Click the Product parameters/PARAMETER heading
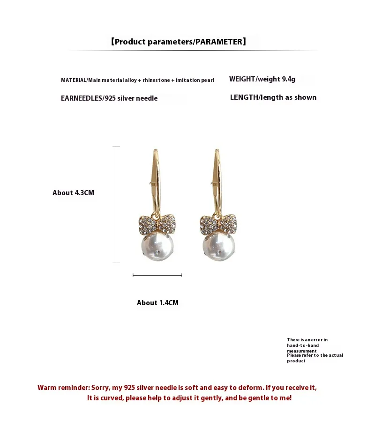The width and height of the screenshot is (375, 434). coord(178,42)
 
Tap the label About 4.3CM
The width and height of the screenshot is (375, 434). coord(73,193)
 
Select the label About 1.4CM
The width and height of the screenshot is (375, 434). coord(157,303)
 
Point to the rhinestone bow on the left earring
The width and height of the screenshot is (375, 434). coord(157,224)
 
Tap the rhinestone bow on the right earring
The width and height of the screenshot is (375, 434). coord(218,224)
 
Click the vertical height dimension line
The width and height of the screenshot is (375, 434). coord(116,205)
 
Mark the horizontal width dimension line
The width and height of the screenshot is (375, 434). coord(157,275)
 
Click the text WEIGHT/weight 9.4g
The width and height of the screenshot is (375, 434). coord(262,79)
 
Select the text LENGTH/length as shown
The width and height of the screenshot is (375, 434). coord(273,97)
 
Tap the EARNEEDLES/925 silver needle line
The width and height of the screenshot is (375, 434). coord(109,98)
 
